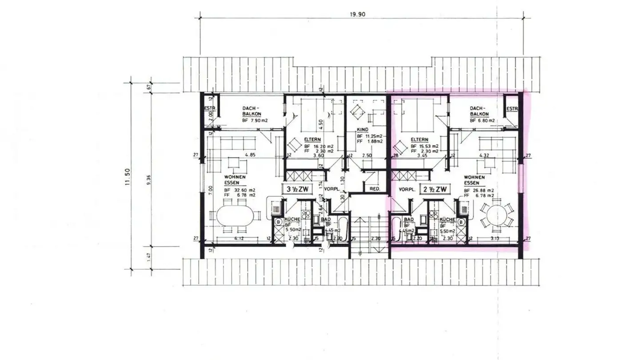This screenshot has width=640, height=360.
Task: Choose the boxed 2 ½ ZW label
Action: click(435, 190)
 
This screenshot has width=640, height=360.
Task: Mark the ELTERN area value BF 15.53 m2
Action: click(424, 146)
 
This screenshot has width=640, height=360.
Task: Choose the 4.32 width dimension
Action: click(484, 156)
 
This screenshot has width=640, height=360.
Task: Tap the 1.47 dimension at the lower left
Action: click(149, 257)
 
